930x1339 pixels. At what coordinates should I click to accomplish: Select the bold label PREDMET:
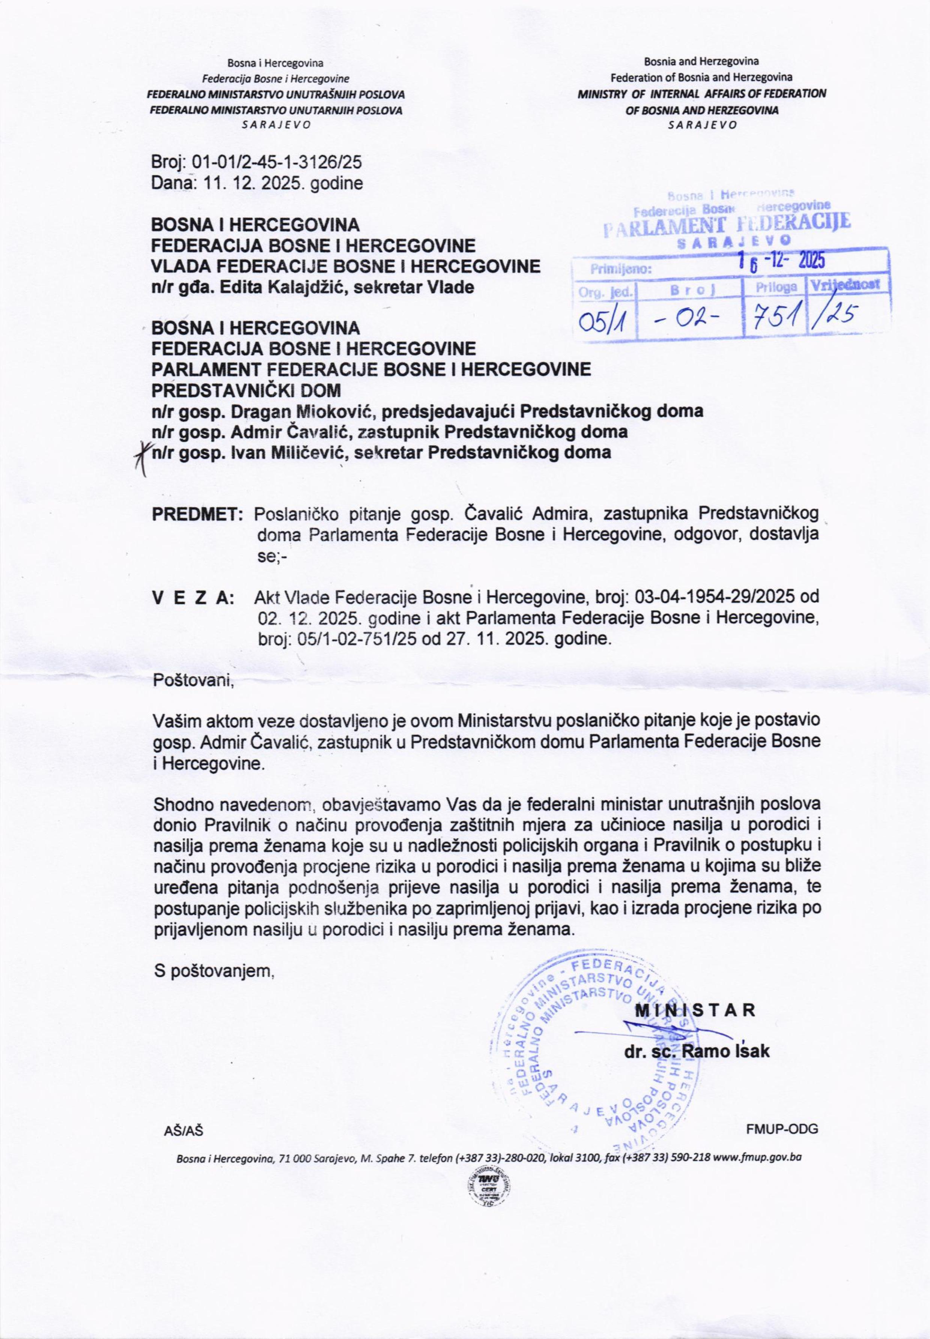pyautogui.click(x=197, y=515)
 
